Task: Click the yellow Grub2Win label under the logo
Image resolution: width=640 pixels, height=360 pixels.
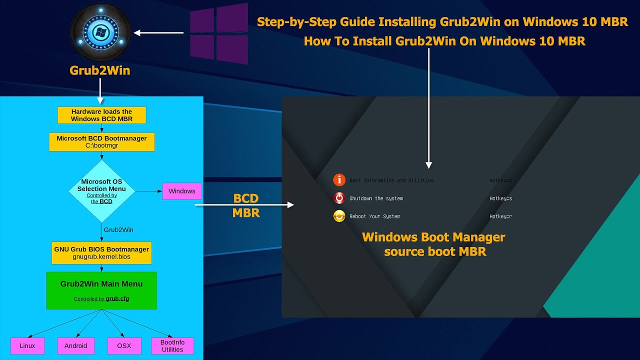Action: pos(100,70)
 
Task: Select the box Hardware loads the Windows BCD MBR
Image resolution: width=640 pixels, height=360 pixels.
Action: pos(101,115)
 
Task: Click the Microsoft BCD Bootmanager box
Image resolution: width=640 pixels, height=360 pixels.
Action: pos(101,141)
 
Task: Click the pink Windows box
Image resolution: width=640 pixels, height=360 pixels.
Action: pos(182,191)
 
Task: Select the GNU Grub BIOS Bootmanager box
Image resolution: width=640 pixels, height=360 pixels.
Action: pos(101,252)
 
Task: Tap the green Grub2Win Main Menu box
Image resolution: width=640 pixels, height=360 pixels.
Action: pos(101,290)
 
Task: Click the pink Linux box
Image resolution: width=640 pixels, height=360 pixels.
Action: pos(27,345)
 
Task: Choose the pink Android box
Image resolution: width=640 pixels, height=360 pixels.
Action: pos(75,345)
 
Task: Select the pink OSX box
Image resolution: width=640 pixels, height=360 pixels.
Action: pos(123,345)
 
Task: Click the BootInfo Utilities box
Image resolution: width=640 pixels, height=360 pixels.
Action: pos(172,345)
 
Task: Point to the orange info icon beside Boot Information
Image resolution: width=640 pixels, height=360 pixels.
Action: pos(339,180)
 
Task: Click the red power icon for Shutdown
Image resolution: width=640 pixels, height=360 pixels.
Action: pos(339,198)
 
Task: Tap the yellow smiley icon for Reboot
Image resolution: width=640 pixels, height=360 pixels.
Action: pos(339,216)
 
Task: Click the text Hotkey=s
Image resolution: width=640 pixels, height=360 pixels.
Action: pos(500,198)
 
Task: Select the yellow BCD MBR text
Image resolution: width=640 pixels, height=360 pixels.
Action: pos(246,205)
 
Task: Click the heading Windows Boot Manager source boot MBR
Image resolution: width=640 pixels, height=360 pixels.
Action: pos(434,244)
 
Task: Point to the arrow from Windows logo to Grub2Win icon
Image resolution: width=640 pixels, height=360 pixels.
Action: pos(159,33)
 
